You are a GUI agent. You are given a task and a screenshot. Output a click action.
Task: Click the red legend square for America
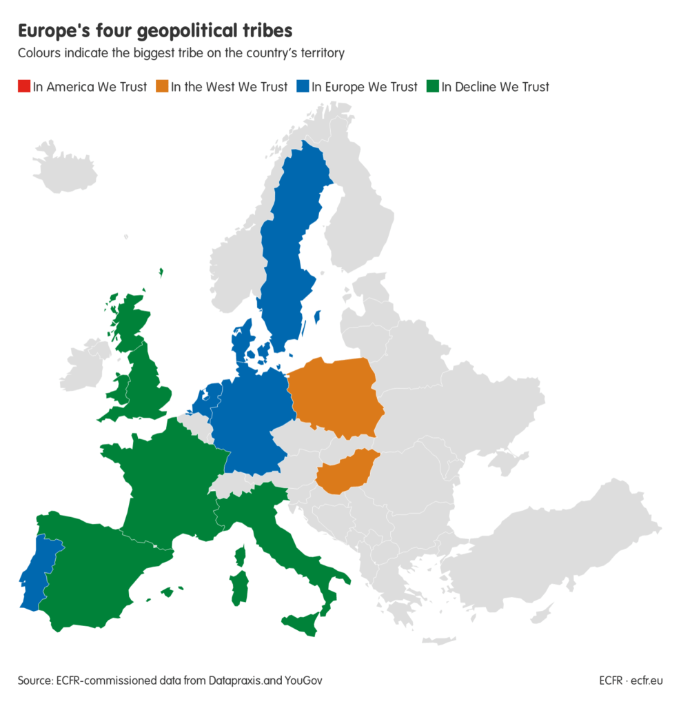[x=24, y=87]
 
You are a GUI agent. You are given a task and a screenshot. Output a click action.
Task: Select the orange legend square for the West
[x=162, y=87]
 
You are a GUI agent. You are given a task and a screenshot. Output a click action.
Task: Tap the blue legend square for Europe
[x=303, y=87]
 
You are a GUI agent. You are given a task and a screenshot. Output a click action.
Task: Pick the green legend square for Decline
[x=433, y=87]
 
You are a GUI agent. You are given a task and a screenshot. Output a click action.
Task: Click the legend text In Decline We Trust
[x=495, y=87]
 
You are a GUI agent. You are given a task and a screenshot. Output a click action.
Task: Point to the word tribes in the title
[x=258, y=32]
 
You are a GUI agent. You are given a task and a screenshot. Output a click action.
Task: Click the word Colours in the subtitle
[x=39, y=53]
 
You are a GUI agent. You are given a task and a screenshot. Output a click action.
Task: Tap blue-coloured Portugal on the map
[x=39, y=572]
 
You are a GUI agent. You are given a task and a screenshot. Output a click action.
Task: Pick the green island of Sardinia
[x=238, y=586]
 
